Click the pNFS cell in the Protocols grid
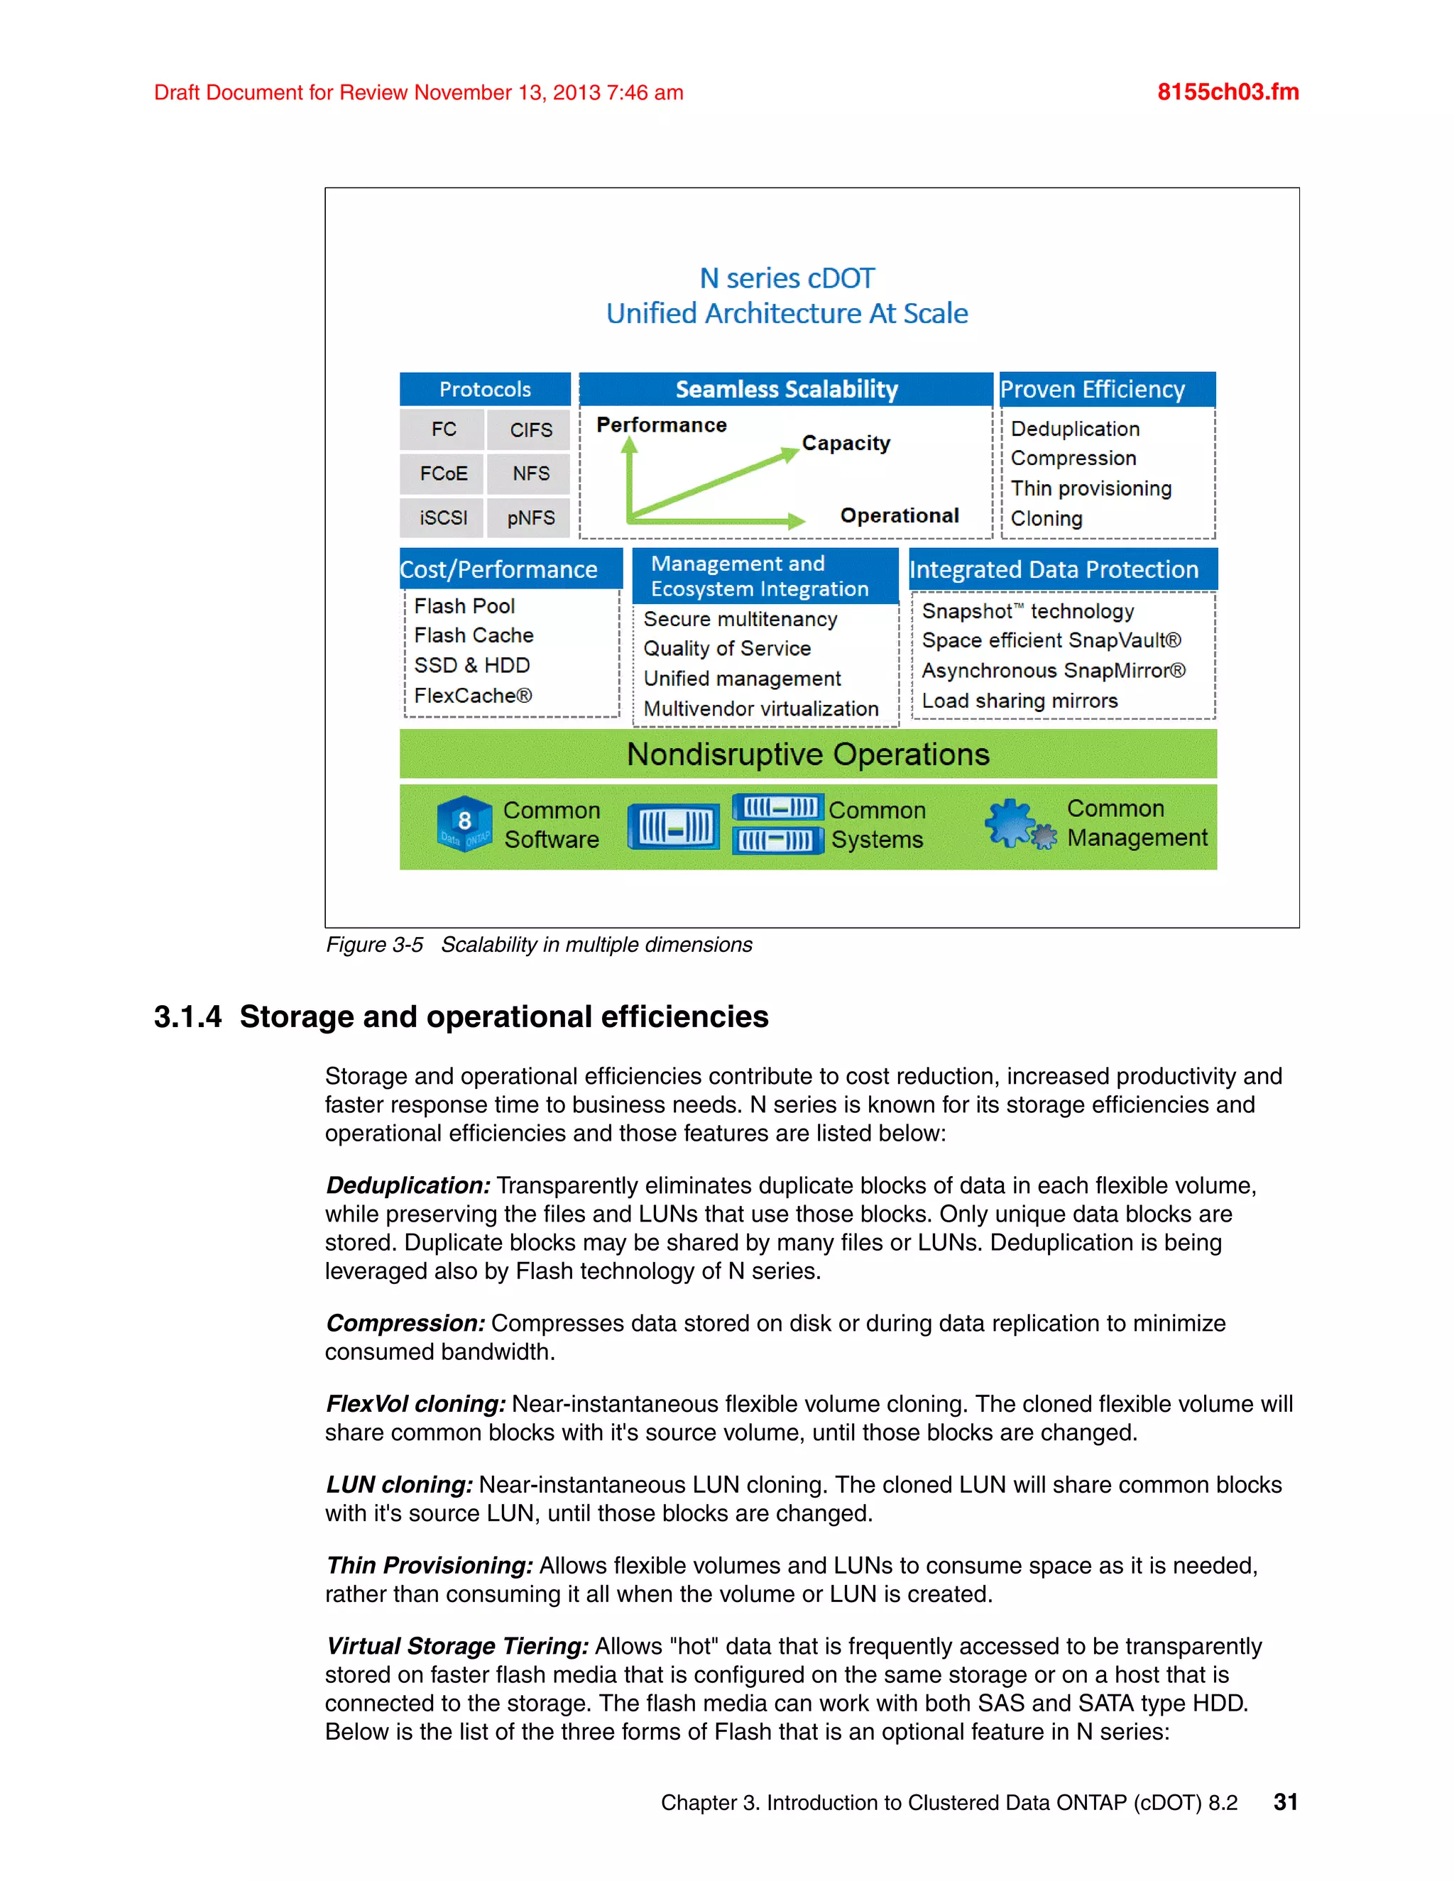click(530, 517)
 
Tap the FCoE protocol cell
click(443, 473)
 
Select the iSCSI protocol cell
click(443, 517)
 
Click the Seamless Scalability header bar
click(786, 389)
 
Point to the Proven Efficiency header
click(1091, 389)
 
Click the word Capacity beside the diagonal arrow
click(845, 443)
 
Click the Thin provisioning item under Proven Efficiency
click(1090, 488)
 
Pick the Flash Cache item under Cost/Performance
click(473, 635)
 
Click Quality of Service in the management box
click(726, 649)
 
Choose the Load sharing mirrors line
click(1019, 701)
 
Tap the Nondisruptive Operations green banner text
click(807, 755)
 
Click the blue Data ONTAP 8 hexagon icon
click(464, 823)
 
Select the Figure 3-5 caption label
click(374, 945)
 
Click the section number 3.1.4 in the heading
click(187, 1017)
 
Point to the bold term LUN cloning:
click(399, 1485)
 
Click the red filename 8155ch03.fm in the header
click(1228, 92)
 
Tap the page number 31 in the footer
click(1285, 1802)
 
